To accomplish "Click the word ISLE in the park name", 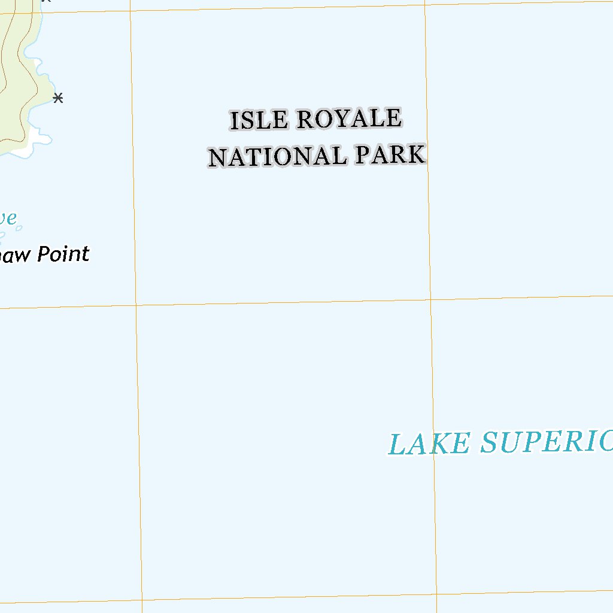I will click(259, 120).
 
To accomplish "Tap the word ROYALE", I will click(348, 119).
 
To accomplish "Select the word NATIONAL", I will click(277, 157).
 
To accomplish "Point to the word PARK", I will click(390, 155).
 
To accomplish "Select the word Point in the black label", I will click(63, 254).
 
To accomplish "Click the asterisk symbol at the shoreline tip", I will click(58, 98).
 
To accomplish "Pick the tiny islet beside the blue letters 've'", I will click(19, 227).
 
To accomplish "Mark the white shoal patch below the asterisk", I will click(40, 139).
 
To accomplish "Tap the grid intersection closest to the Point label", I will click(136, 305).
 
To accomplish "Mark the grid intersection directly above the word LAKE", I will click(430, 299).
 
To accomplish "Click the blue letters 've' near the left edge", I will click(7, 219).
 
